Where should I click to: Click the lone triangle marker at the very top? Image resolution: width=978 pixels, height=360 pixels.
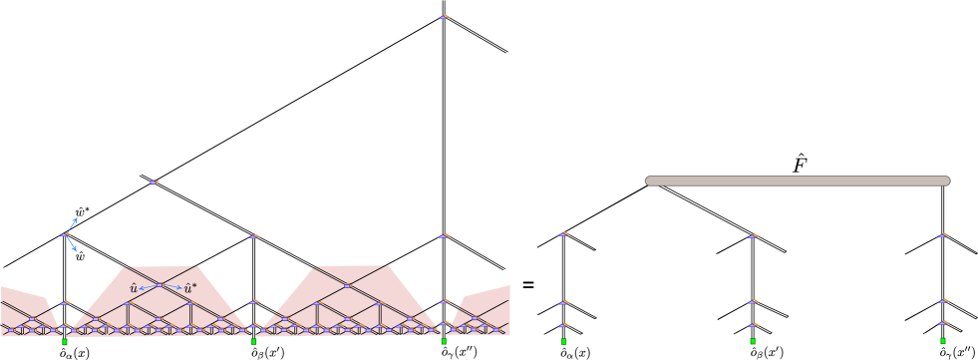click(444, 16)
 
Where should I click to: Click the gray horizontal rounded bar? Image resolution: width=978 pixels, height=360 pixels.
click(798, 180)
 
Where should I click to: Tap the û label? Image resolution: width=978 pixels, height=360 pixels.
click(133, 288)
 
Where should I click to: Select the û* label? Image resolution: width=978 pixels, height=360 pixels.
click(190, 288)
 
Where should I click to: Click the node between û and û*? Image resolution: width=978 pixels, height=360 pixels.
click(159, 285)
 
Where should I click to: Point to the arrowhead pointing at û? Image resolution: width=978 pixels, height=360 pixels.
click(141, 288)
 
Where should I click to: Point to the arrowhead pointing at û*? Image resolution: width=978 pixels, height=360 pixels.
click(180, 288)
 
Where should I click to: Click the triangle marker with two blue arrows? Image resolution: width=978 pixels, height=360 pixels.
click(65, 235)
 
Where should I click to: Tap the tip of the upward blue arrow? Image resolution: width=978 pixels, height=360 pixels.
click(76, 218)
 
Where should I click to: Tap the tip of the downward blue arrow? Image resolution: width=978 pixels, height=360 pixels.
click(76, 250)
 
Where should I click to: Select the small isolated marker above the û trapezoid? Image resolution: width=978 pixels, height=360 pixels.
click(154, 182)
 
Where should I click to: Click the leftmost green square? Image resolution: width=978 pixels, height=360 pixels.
click(65, 342)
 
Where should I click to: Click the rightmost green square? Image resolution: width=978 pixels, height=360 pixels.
click(943, 341)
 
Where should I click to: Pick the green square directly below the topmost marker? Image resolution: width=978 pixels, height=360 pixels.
click(444, 341)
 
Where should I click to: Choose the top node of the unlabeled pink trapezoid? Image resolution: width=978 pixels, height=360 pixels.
click(348, 285)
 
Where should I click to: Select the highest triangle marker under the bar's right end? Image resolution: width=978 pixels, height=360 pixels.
click(943, 235)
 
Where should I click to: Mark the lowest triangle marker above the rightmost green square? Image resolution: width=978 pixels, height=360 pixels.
click(943, 322)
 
